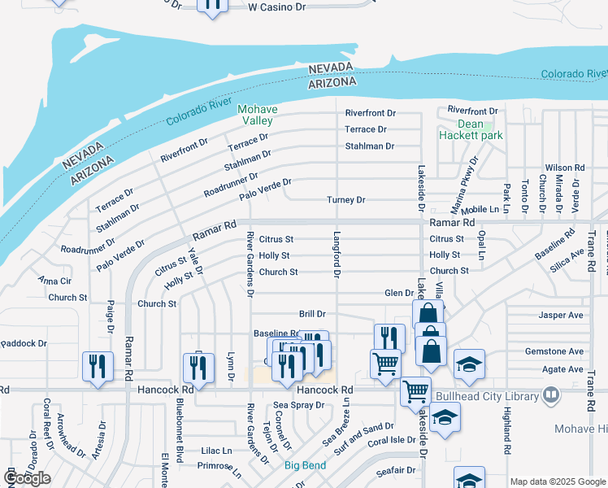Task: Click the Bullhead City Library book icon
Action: pos(552,396)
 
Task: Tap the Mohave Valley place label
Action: pos(256,115)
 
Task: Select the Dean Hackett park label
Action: pos(471,130)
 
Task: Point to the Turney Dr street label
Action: pos(346,200)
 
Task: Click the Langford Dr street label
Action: pos(336,253)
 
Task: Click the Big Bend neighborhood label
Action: pos(305,466)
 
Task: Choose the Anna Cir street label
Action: pos(54,281)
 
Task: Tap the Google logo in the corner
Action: pos(28,478)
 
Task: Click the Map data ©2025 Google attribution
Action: pos(558,481)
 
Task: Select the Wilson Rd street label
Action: pos(565,168)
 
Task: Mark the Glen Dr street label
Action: pos(399,293)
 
